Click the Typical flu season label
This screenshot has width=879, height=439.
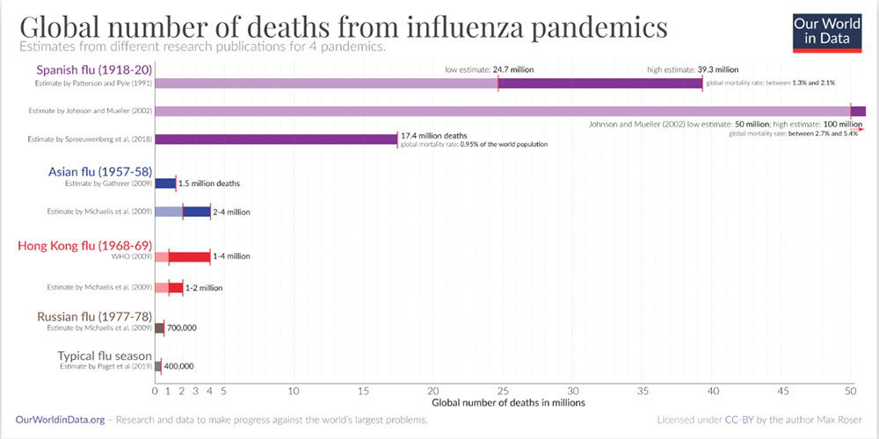104,356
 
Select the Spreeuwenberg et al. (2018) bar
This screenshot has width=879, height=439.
276,139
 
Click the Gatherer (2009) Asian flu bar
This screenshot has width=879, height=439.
165,184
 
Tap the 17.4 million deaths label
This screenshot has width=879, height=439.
433,136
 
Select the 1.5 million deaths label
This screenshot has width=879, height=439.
208,184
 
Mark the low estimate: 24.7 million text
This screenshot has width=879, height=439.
489,69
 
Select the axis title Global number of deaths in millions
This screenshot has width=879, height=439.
503,403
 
